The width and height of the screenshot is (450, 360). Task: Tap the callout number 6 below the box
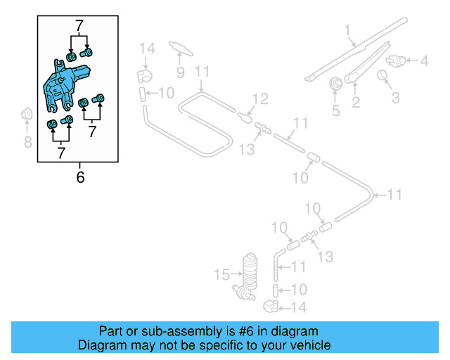80,177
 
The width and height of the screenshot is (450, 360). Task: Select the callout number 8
27,143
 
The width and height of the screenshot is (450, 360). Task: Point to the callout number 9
181,72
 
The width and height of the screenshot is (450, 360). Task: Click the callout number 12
260,100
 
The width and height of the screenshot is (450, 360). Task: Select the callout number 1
347,30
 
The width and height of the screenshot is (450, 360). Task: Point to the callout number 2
356,103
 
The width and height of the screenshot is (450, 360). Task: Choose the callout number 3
396,97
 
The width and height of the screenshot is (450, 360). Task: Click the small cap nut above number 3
384,75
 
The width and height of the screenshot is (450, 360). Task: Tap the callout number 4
423,62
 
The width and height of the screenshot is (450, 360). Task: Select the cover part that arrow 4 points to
397,61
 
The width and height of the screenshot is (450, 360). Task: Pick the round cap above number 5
336,84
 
